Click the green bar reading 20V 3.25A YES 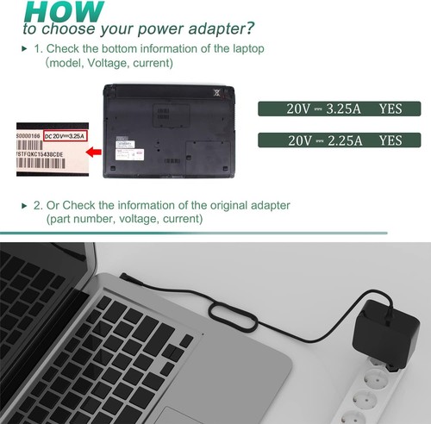point(340,109)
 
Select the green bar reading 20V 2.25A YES point(340,140)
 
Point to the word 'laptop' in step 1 point(245,48)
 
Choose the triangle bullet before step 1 point(24,48)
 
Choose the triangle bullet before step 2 point(24,205)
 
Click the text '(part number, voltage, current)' point(125,220)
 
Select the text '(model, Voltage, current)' point(109,63)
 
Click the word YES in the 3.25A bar point(390,109)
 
